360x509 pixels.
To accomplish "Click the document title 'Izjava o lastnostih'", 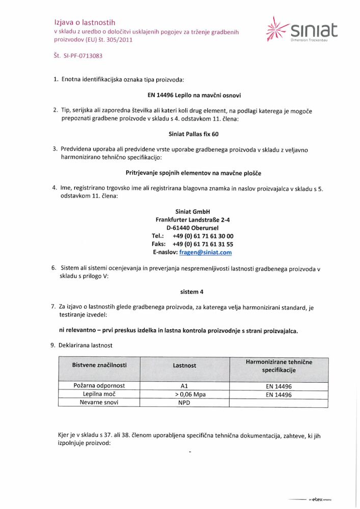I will pyautogui.click(x=85, y=22).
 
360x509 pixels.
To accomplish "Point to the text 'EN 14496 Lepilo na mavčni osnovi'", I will pyautogui.click(x=191, y=95).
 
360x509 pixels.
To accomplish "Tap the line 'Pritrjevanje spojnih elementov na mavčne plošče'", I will pyautogui.click(x=193, y=173).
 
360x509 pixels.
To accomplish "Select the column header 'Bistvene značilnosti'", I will pyautogui.click(x=99, y=365).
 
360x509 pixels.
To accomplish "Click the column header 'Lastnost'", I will pyautogui.click(x=184, y=365).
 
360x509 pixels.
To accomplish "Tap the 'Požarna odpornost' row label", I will pyautogui.click(x=99, y=386).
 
